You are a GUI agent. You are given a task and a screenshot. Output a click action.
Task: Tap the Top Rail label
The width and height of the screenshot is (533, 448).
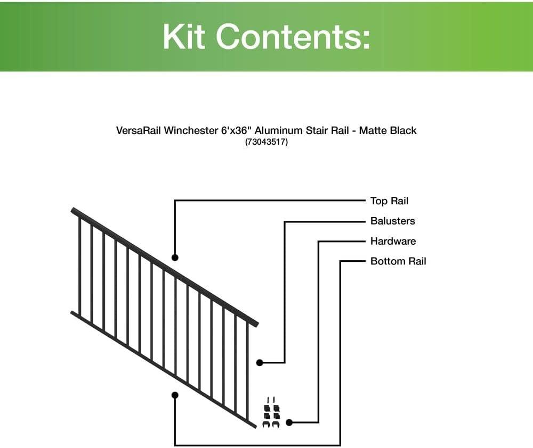(389, 201)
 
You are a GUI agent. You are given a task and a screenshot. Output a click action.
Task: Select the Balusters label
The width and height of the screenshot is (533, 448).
(392, 221)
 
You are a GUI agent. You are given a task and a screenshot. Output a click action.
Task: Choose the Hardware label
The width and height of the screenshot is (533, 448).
(393, 241)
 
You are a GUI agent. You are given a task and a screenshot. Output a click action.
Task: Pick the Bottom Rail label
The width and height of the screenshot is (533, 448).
(398, 261)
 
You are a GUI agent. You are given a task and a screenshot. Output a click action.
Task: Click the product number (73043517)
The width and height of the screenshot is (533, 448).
(266, 142)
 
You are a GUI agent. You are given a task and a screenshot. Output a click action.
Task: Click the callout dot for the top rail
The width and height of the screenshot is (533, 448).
(175, 258)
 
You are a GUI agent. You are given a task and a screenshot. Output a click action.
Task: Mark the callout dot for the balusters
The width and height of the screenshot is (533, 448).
(260, 362)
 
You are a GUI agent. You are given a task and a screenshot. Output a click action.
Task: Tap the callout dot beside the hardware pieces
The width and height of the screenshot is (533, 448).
(289, 422)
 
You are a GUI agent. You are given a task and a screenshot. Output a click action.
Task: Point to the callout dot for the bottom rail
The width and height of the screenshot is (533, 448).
(175, 395)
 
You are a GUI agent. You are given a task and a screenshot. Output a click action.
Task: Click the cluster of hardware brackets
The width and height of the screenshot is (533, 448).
(272, 413)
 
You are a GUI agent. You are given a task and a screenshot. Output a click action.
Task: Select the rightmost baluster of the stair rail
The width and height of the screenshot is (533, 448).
(248, 372)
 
